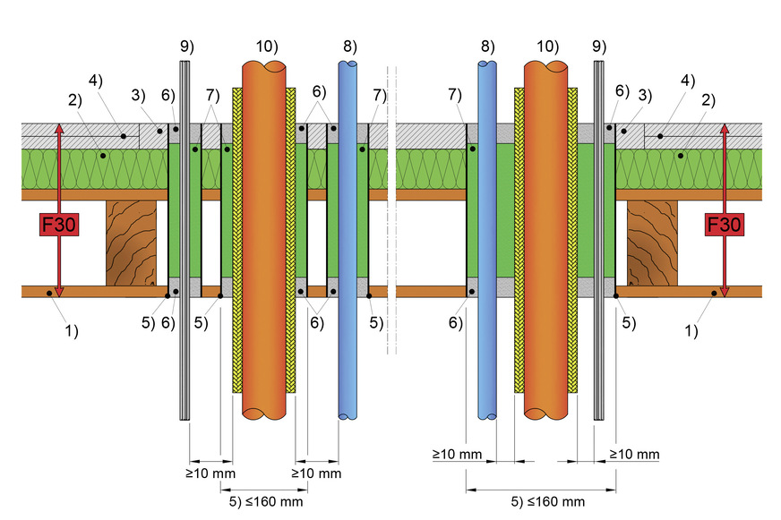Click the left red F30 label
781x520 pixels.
coord(59,225)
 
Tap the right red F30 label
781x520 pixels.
coord(725,225)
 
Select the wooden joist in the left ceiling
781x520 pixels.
coord(131,243)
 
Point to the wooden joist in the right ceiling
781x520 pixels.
coord(652,243)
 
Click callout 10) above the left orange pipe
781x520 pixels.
coord(267,47)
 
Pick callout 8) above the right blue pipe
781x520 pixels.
coord(487,47)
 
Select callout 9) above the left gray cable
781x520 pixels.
coord(187,47)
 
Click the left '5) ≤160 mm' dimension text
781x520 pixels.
coord(266,501)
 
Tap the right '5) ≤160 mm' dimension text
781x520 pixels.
coord(548,501)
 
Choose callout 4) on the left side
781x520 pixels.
coord(96,81)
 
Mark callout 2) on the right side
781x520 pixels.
coord(708,100)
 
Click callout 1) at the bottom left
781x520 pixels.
coord(72,330)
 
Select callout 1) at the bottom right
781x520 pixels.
coord(691,330)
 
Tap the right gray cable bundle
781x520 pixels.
coord(598,241)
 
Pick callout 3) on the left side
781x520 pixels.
coord(138,95)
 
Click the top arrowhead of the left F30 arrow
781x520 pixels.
coord(59,128)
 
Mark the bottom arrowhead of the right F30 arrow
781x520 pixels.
coord(725,293)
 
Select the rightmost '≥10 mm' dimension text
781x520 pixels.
coord(634,454)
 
